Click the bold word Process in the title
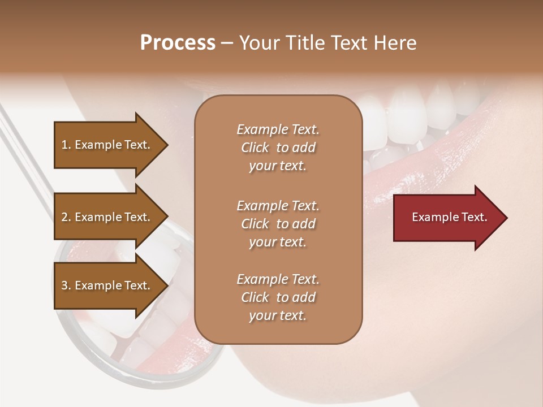(x=178, y=43)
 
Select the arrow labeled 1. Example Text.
(x=102, y=145)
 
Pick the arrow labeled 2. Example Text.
(x=102, y=217)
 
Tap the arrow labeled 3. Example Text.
(x=102, y=285)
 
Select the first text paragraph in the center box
(x=278, y=148)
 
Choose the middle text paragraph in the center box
(x=278, y=224)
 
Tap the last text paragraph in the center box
(x=278, y=297)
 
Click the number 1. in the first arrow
(x=66, y=145)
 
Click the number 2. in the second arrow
(x=66, y=217)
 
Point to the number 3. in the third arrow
(x=66, y=285)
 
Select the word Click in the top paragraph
(x=255, y=148)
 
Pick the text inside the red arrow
(x=449, y=217)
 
